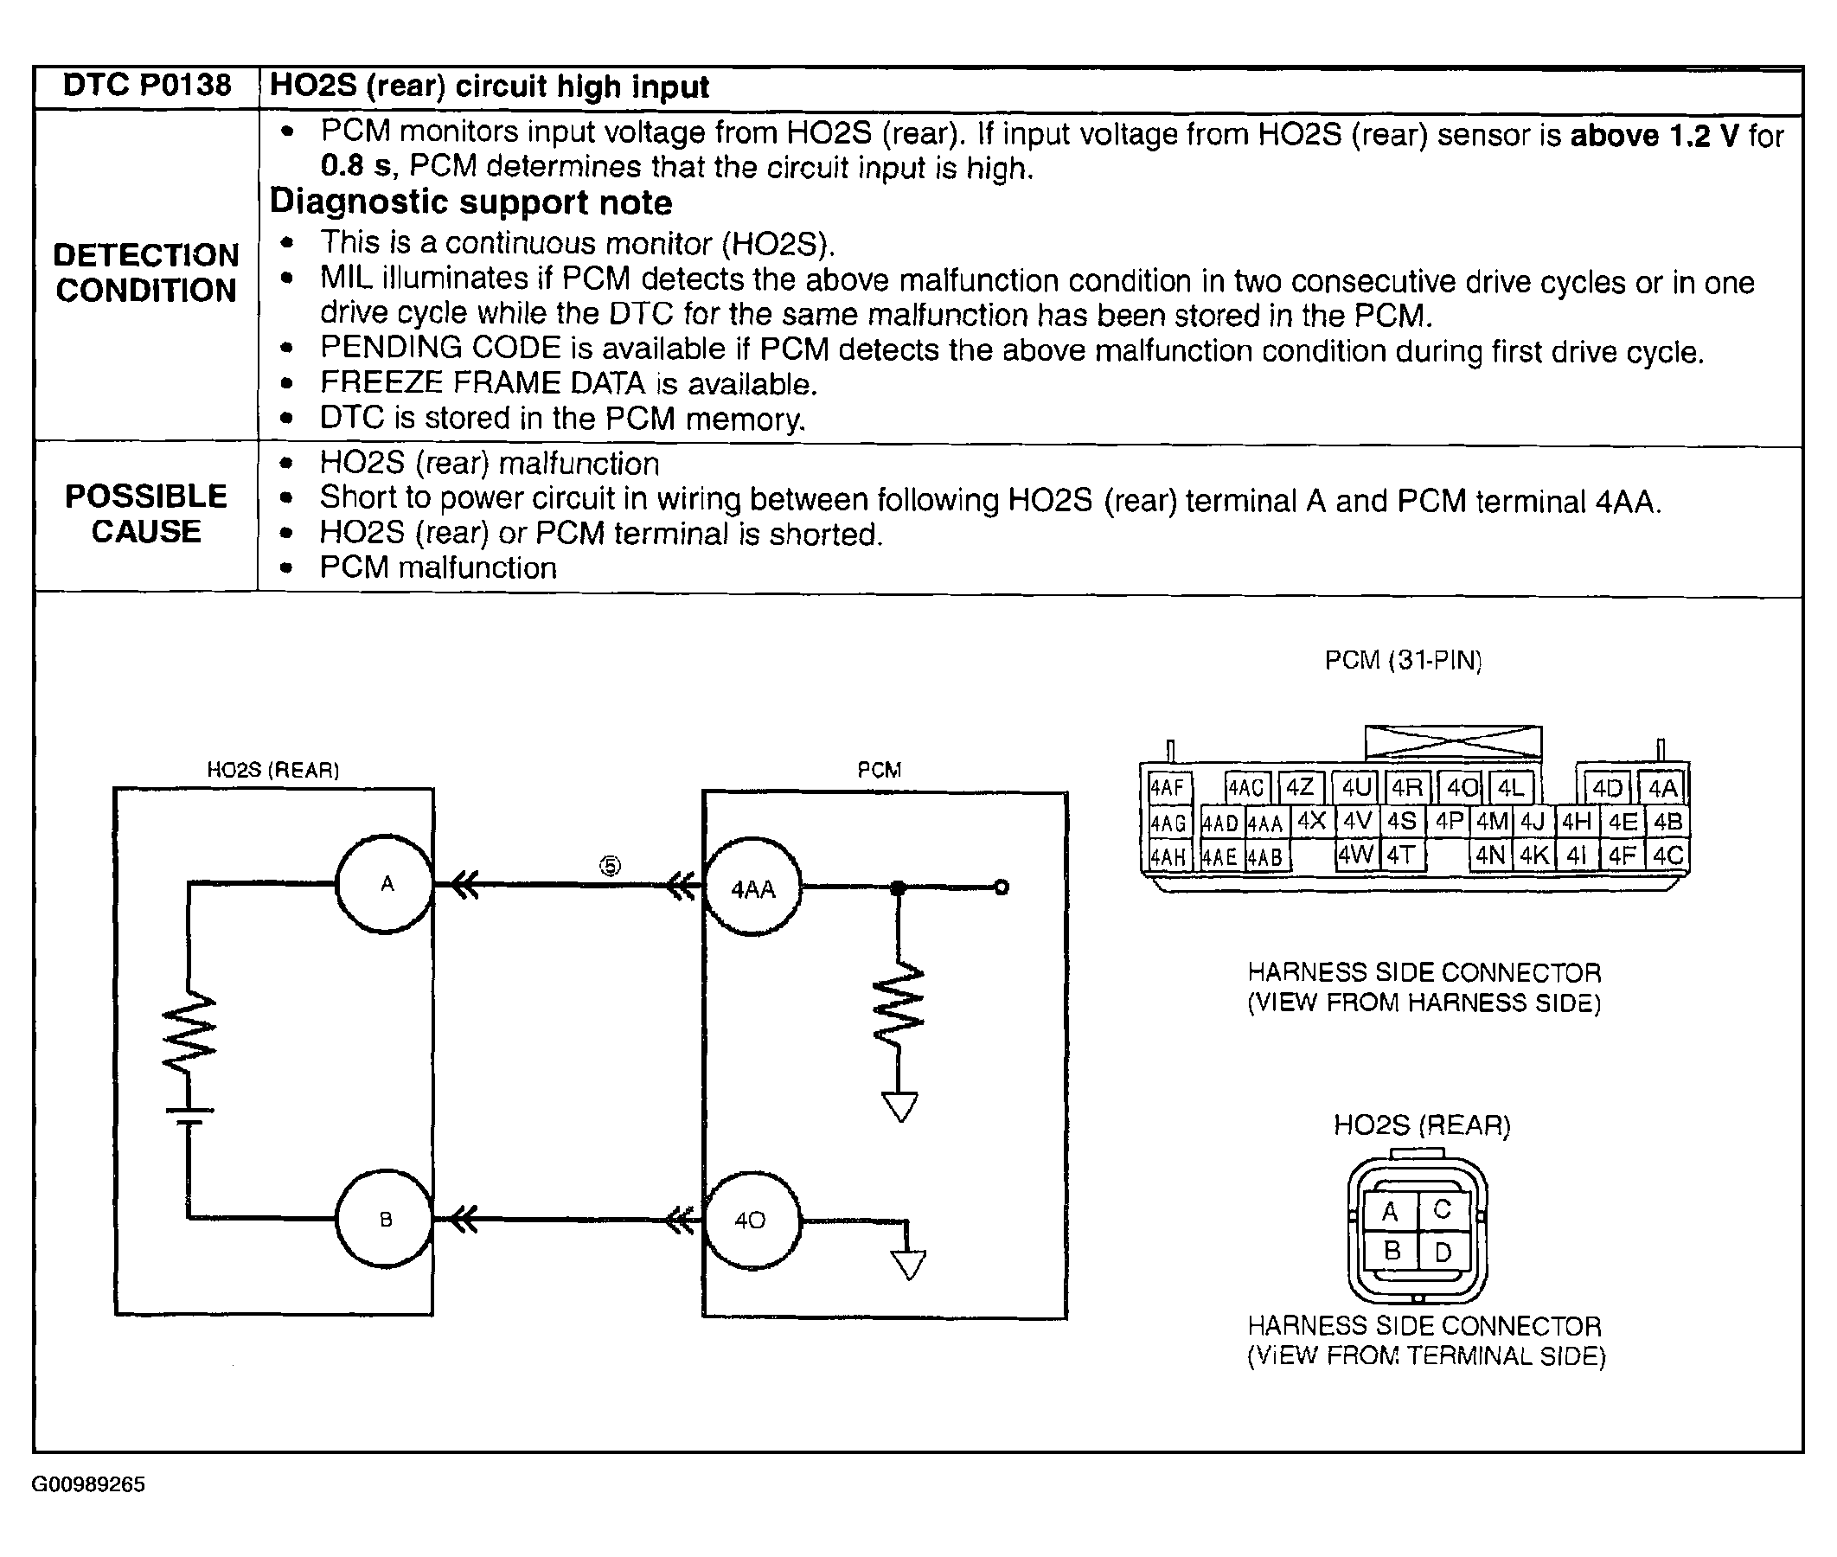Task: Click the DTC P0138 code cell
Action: (x=146, y=86)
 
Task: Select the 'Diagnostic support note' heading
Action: (x=470, y=202)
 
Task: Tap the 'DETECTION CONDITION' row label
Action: (x=146, y=272)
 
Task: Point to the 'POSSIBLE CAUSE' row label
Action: (x=146, y=514)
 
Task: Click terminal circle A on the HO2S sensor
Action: (x=386, y=883)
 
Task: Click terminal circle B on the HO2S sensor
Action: (x=386, y=1220)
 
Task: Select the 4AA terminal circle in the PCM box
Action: (x=752, y=888)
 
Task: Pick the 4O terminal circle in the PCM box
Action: (x=751, y=1221)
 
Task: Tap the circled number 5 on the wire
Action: (x=610, y=866)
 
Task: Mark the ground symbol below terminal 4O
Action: (x=908, y=1264)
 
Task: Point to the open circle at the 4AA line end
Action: (x=1001, y=887)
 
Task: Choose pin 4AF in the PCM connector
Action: (x=1167, y=787)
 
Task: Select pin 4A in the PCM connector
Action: (x=1662, y=787)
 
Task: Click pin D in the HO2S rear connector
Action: (x=1443, y=1253)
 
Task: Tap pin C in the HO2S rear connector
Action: (x=1443, y=1210)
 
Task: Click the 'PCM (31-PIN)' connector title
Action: (x=1403, y=660)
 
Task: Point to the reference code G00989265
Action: (x=88, y=1484)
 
